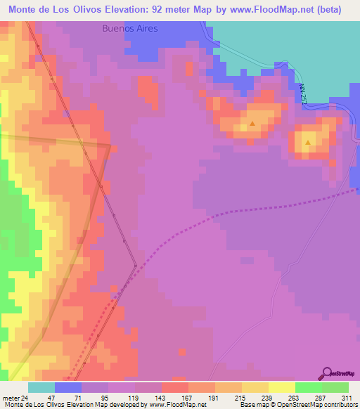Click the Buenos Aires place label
(x=130, y=30)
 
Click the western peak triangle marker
(x=252, y=123)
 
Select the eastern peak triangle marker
(x=308, y=143)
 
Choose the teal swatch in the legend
(x=41, y=387)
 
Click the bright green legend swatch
(x=335, y=387)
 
